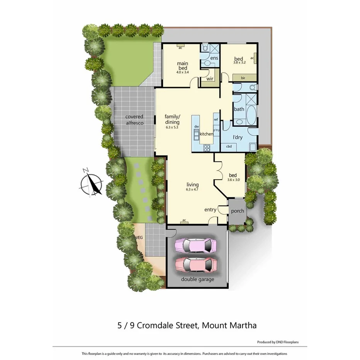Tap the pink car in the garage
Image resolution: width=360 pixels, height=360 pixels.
196,245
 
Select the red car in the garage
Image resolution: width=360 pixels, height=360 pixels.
196,265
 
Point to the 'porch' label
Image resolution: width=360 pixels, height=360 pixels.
237,211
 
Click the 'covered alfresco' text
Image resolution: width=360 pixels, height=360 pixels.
134,120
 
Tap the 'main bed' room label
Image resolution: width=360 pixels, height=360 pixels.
182,66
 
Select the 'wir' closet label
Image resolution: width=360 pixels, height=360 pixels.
210,79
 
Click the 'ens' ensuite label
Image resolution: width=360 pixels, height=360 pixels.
214,58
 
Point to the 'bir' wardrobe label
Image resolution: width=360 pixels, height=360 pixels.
243,78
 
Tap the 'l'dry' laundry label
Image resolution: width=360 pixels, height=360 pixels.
237,137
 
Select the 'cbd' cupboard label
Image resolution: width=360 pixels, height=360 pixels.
229,146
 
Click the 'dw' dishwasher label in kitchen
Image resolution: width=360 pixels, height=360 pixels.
197,126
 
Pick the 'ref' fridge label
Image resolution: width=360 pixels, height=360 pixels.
216,120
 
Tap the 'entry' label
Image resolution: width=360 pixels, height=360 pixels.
210,210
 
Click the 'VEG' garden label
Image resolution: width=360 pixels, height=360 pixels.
139,238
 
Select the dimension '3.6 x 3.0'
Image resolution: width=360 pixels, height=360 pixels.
233,180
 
